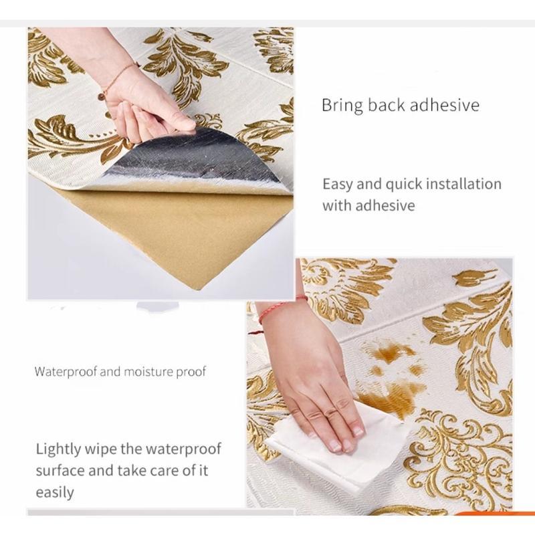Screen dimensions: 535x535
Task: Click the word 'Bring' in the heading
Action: [x=342, y=106]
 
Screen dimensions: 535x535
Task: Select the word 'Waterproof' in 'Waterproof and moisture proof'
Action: [x=66, y=372]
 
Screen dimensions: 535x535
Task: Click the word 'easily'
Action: [x=55, y=493]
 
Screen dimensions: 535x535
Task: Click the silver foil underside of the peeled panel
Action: [x=191, y=160]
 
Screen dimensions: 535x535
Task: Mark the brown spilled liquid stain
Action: [x=393, y=375]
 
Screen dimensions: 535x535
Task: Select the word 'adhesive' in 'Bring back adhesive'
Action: [x=445, y=105]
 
